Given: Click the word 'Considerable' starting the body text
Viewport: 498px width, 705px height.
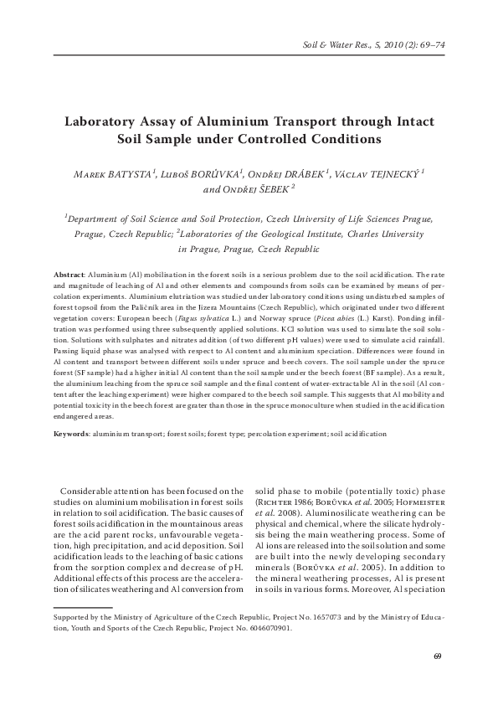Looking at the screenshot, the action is point(90,491).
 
